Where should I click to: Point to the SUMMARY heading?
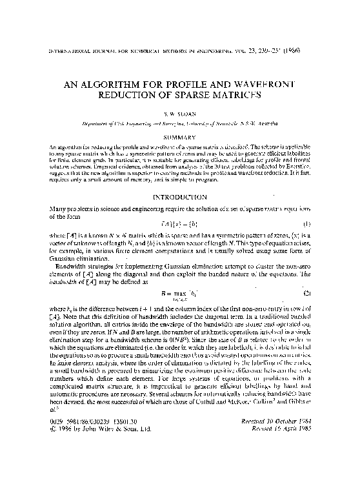pyautogui.click(x=180, y=136)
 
